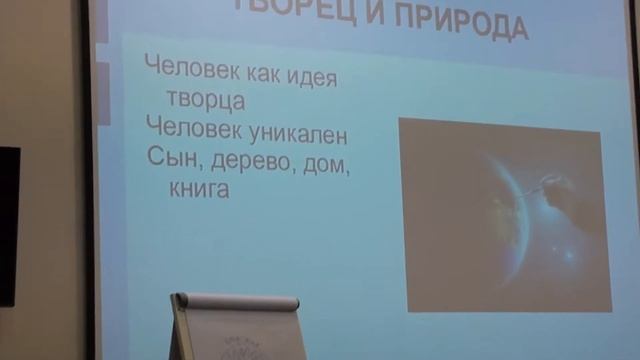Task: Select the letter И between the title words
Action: [372, 25]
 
